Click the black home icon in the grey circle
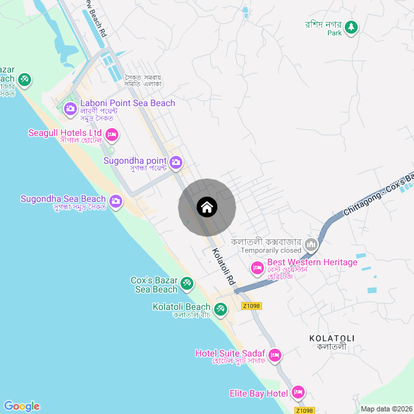coord(207,207)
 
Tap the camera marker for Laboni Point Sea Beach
coord(71,108)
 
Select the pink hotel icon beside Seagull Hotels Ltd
coord(111,135)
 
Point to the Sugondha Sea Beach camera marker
coord(116,201)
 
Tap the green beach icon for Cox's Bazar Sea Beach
coord(187,283)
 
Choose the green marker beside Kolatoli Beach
coord(221,309)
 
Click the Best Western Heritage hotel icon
coord(257,267)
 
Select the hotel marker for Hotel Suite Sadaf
coord(275,355)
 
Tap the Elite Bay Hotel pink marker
coord(298,392)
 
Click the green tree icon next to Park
coord(351,27)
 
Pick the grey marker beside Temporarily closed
coord(311,245)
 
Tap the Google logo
coord(21,406)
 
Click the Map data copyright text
coord(386,409)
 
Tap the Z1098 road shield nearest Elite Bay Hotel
coord(304,410)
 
